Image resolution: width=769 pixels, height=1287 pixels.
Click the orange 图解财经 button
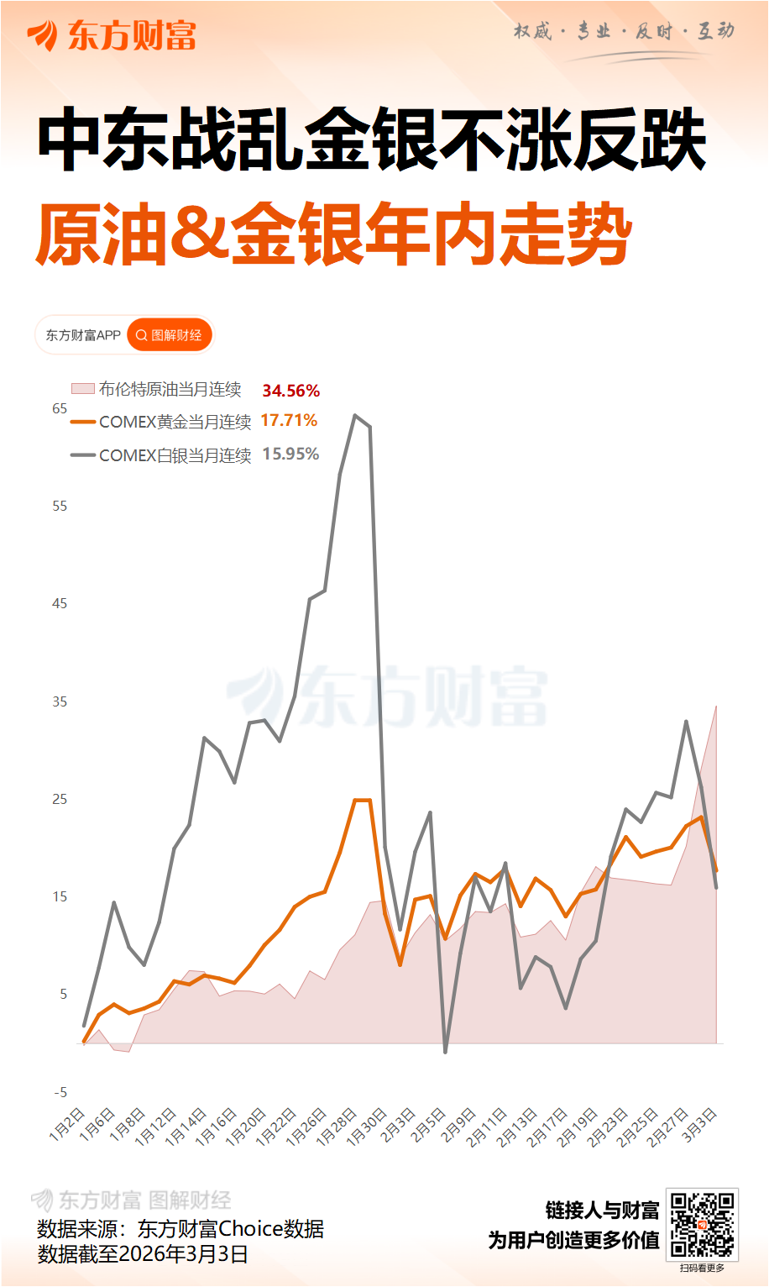[170, 335]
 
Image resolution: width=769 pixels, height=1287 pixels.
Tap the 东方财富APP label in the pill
[83, 335]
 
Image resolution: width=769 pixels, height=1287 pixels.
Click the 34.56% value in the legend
[290, 391]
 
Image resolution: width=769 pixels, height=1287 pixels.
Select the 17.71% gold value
[289, 420]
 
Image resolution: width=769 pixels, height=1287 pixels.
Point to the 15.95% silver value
[290, 454]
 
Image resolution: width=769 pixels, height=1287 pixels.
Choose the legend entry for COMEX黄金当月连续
[162, 422]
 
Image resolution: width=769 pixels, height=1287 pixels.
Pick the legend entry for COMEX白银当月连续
[162, 455]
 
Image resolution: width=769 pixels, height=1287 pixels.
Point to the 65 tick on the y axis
[60, 408]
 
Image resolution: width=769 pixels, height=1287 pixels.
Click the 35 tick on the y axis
[60, 701]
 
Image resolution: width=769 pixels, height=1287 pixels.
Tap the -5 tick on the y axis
[60, 1092]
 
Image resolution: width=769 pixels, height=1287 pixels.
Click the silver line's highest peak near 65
[355, 415]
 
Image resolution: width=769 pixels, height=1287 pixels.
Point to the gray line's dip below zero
[445, 1051]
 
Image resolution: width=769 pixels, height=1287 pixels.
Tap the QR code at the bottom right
[702, 1224]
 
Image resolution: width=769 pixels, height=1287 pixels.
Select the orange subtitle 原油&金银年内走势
[333, 234]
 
